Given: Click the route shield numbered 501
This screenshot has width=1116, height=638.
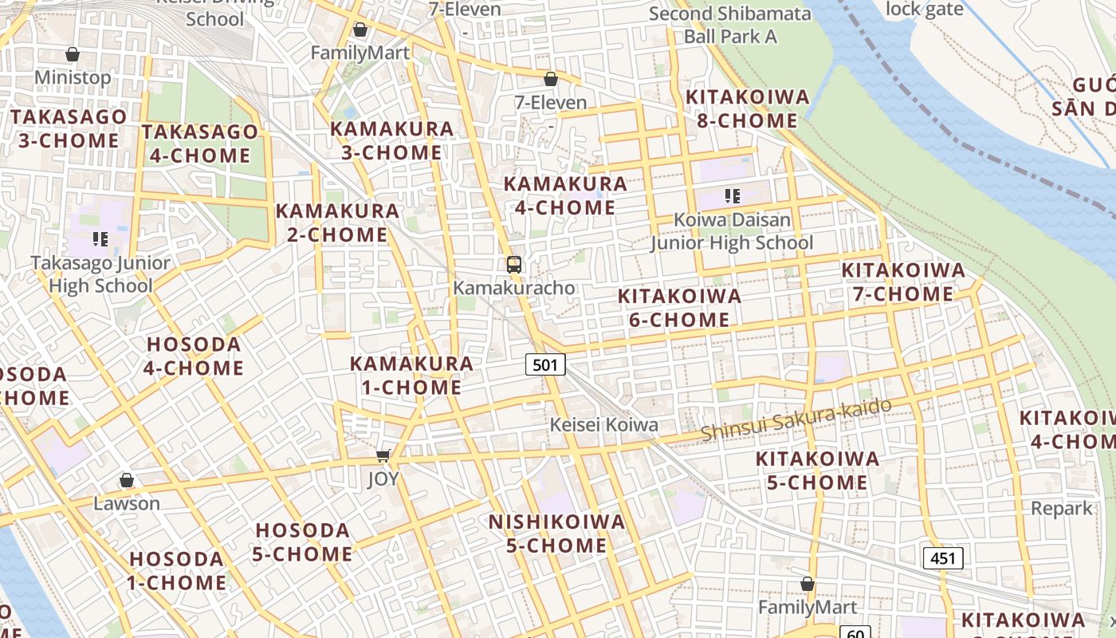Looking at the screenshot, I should pyautogui.click(x=545, y=365).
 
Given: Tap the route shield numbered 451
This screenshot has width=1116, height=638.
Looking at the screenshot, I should pyautogui.click(x=943, y=558).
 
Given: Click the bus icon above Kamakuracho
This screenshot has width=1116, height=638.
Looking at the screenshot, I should pyautogui.click(x=514, y=265).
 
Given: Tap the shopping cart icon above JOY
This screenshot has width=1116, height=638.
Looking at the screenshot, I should pyautogui.click(x=383, y=455).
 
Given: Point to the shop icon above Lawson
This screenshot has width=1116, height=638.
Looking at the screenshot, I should pyautogui.click(x=126, y=480).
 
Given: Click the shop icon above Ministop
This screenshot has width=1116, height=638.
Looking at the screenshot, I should pyautogui.click(x=73, y=54).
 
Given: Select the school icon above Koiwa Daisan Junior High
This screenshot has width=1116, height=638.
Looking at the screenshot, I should pyautogui.click(x=733, y=195).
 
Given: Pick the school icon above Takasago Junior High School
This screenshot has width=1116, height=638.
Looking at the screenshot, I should pyautogui.click(x=100, y=238).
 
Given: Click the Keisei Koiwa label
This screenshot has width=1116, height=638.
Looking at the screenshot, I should pyautogui.click(x=604, y=425).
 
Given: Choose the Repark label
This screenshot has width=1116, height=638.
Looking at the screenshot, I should pyautogui.click(x=1062, y=508).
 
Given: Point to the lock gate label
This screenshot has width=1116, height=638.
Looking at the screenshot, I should pyautogui.click(x=925, y=10).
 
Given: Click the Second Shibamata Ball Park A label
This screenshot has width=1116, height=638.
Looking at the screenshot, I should pyautogui.click(x=730, y=25).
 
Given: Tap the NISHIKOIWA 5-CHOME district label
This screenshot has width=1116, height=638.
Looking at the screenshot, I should pyautogui.click(x=556, y=534).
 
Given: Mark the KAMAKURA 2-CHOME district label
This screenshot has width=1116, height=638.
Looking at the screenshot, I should pyautogui.click(x=337, y=223).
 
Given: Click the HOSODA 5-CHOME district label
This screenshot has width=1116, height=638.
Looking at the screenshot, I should pyautogui.click(x=302, y=542).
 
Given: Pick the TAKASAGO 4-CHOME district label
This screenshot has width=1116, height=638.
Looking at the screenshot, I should pyautogui.click(x=200, y=144).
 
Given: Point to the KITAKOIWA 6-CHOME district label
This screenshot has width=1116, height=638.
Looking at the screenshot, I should pyautogui.click(x=679, y=308).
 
